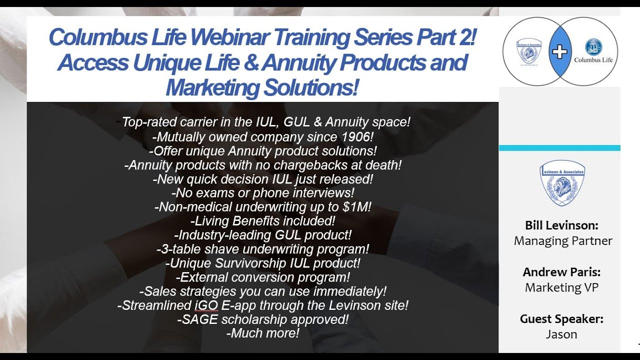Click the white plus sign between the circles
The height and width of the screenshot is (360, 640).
click(x=559, y=52)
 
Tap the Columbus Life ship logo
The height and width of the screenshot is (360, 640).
click(x=593, y=47)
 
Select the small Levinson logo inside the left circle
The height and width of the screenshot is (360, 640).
click(x=529, y=51)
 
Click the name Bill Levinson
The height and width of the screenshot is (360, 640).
click(x=561, y=225)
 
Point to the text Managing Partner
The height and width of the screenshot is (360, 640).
click(x=563, y=241)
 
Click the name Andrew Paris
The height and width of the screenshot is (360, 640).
click(x=561, y=272)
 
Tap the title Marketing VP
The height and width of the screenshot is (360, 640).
click(x=561, y=287)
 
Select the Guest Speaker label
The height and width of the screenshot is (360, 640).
click(x=561, y=318)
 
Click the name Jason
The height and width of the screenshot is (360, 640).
click(x=561, y=334)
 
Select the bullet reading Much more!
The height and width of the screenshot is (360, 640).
click(x=263, y=333)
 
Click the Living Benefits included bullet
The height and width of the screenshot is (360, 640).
click(x=263, y=220)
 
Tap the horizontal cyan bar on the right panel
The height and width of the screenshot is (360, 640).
click(x=559, y=148)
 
